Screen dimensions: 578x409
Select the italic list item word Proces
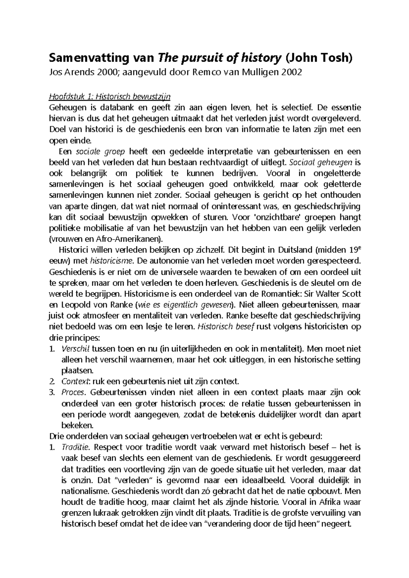click(x=73, y=392)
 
